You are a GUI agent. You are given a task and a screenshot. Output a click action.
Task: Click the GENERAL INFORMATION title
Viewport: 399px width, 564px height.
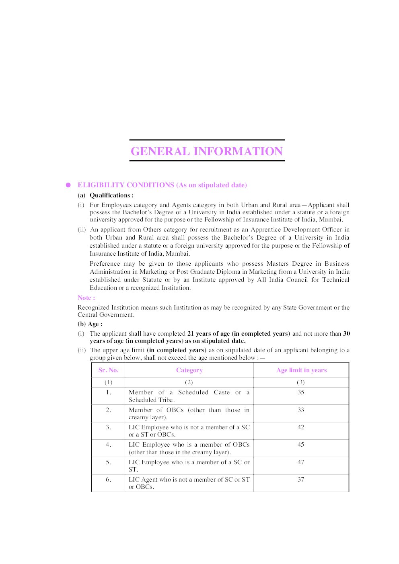[207, 151]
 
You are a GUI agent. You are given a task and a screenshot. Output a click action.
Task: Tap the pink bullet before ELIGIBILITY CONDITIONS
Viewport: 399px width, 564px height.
[68, 185]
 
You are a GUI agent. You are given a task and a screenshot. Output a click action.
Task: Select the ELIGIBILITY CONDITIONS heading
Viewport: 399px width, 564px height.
[162, 185]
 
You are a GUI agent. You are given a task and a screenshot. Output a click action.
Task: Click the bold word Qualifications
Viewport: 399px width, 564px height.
[110, 195]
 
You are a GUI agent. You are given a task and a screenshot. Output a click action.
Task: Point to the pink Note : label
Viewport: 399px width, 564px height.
[86, 298]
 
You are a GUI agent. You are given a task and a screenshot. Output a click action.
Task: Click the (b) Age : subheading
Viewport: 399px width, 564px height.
[90, 324]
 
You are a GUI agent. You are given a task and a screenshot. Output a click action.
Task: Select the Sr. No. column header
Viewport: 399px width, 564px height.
[108, 370]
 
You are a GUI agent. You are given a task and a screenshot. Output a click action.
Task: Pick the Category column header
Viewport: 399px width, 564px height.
[189, 370]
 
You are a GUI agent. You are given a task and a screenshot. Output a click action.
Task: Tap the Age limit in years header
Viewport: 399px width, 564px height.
[301, 370]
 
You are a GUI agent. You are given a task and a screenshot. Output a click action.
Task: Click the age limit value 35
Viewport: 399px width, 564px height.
[301, 392]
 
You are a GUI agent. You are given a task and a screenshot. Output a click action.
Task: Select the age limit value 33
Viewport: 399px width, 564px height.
[301, 410]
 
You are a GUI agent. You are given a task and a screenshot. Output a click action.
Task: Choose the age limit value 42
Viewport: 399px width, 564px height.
[301, 427]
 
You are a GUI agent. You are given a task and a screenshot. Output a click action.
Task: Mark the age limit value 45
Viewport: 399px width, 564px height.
[301, 445]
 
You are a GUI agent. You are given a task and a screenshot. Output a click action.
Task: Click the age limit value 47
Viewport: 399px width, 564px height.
[301, 462]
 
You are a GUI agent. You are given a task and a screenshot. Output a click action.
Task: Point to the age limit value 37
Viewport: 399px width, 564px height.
[301, 480]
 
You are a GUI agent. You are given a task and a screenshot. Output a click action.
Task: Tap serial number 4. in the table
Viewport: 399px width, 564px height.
[108, 445]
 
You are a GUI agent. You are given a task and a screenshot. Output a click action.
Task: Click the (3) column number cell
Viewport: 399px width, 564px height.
[301, 382]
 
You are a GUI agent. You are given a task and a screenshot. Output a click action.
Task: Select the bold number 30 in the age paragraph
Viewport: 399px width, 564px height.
[346, 334]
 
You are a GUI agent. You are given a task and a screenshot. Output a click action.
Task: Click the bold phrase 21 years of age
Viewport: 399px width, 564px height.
[208, 334]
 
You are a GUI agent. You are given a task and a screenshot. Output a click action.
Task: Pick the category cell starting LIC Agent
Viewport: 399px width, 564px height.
[189, 483]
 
